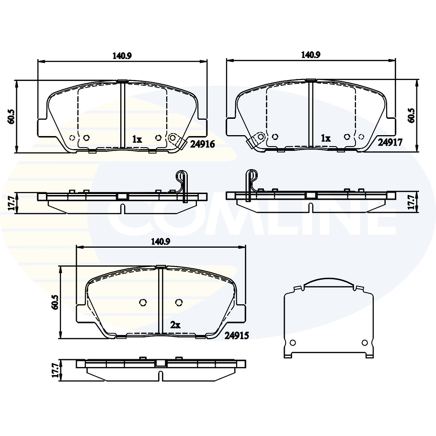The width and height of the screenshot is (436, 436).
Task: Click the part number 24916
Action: click(203, 143)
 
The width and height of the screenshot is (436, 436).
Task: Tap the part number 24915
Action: click(236, 336)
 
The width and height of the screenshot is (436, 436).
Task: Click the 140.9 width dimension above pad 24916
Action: click(122, 56)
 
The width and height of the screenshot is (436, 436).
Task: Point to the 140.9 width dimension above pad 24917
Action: click(310, 55)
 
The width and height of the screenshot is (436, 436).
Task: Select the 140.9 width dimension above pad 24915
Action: click(161, 242)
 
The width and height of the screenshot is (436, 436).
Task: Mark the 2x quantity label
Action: click(175, 325)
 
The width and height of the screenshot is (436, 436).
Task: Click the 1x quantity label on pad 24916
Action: click(137, 139)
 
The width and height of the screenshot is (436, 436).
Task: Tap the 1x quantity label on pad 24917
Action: click(326, 138)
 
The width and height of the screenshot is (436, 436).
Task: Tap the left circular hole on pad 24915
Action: click(142, 302)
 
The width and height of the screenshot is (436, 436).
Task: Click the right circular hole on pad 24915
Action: click(179, 302)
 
